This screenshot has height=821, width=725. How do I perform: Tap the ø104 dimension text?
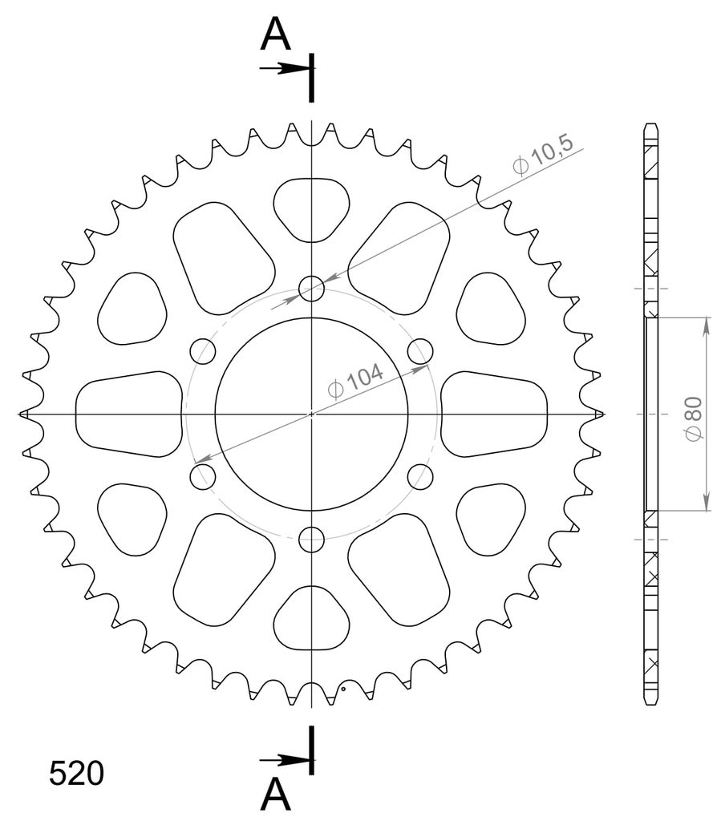click(x=355, y=381)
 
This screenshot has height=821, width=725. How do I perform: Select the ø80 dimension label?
click(x=693, y=419)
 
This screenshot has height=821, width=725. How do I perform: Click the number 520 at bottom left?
click(x=76, y=774)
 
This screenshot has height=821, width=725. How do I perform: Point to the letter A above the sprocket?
click(x=276, y=34)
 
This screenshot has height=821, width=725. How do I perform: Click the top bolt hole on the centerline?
click(x=312, y=289)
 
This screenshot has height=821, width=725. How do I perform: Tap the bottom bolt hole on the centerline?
click(x=312, y=540)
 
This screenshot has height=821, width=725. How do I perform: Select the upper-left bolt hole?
click(x=203, y=351)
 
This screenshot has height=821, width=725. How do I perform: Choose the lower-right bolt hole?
click(x=421, y=476)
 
